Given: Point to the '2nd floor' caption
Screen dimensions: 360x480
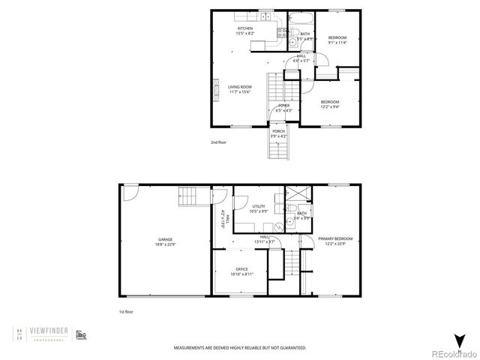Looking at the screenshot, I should [x=218, y=141].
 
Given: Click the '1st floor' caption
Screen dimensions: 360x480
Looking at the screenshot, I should [x=127, y=311].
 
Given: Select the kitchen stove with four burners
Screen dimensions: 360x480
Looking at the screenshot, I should [x=283, y=32].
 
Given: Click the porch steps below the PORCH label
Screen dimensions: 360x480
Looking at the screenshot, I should [x=278, y=151].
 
